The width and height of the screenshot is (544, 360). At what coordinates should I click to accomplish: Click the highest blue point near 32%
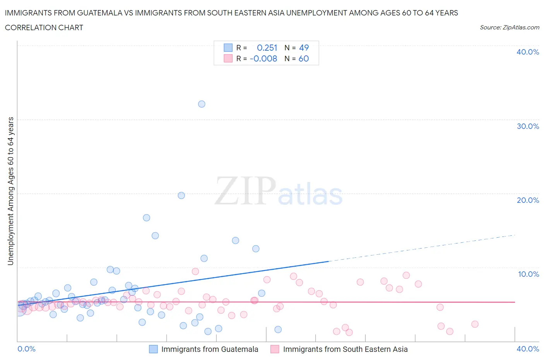[x=202, y=104]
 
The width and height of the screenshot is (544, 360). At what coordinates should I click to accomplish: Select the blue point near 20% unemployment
[x=181, y=195]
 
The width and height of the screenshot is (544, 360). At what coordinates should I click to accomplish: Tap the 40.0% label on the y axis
[x=527, y=52]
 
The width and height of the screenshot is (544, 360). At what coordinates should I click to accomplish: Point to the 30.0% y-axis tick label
[x=527, y=126]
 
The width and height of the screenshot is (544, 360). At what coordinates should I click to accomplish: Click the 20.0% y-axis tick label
[x=527, y=200]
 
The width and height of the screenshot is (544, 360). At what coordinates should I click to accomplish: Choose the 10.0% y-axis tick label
[x=528, y=274]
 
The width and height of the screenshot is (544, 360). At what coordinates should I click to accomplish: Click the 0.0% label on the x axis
[x=27, y=349]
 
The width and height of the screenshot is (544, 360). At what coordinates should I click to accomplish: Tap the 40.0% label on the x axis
[x=528, y=349]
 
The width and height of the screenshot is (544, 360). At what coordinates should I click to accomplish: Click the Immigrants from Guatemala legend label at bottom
[x=209, y=349]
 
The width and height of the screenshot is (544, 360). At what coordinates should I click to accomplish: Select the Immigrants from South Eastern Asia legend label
[x=345, y=349]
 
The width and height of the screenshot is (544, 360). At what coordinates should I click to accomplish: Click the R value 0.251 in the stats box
[x=267, y=48]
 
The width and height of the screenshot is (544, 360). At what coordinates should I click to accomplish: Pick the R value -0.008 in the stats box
[x=263, y=58]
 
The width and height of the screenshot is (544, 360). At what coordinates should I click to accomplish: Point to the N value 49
[x=304, y=48]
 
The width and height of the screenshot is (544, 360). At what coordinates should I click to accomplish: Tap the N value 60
[x=304, y=58]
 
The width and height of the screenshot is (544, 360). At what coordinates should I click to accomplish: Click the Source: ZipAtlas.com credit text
[x=509, y=27]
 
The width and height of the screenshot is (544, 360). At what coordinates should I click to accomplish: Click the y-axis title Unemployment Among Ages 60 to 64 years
[x=10, y=191]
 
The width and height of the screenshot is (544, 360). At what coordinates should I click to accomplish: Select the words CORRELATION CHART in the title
[x=44, y=27]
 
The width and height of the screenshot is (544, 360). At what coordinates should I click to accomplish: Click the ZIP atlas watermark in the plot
[x=279, y=191]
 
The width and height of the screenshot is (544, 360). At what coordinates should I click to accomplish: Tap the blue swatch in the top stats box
[x=228, y=48]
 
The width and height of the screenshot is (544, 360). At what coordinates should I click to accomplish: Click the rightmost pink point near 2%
[x=475, y=324]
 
